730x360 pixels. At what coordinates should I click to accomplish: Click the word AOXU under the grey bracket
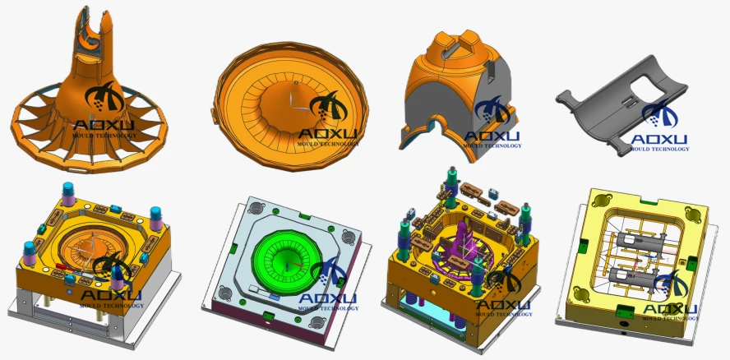tap(658, 139)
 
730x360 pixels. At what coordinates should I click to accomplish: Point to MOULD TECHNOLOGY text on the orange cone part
tap(104, 136)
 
